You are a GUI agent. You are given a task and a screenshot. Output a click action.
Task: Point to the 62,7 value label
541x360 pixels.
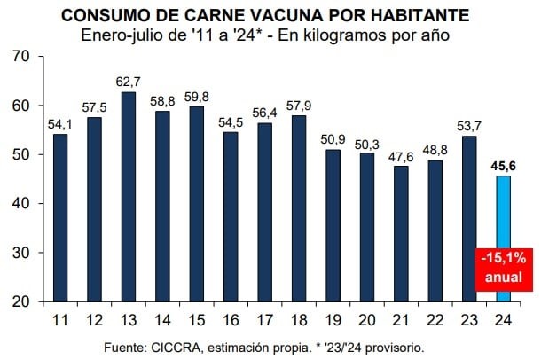coord(129,80)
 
